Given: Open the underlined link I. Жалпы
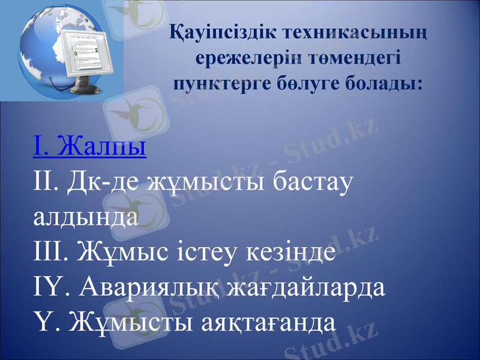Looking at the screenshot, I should point(90,147).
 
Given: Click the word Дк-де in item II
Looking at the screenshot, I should point(109,181).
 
